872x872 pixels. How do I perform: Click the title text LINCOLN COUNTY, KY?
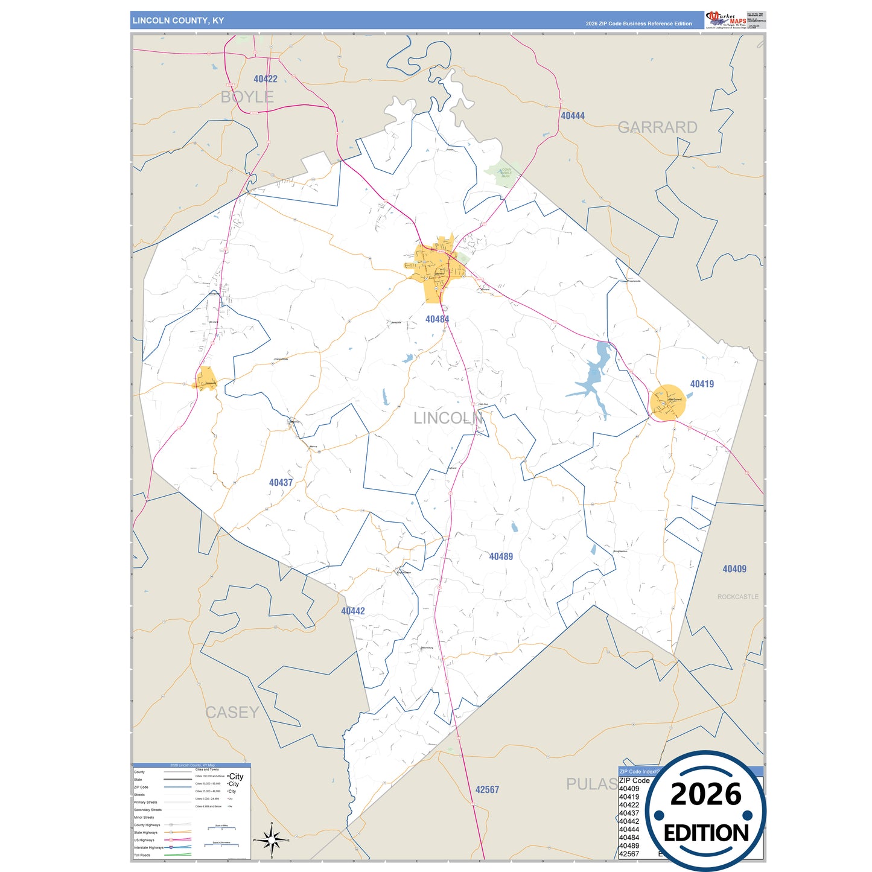(x=178, y=21)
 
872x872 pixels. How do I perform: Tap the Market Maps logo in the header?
(x=726, y=19)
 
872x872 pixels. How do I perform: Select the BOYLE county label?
(x=247, y=97)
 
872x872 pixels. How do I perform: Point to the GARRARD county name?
(x=657, y=127)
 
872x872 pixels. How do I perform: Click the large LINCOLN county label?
(x=448, y=418)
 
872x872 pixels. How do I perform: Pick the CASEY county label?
(x=232, y=713)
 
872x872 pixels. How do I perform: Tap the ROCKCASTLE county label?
(x=737, y=597)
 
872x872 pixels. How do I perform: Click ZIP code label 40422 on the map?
(x=266, y=79)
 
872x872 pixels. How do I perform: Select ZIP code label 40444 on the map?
(x=572, y=116)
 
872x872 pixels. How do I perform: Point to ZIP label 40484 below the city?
(x=437, y=319)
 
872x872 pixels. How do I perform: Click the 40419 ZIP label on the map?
(x=702, y=384)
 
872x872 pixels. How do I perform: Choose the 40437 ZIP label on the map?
(x=281, y=483)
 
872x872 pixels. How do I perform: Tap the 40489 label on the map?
(x=501, y=556)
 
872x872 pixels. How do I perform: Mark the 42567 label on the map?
(x=487, y=790)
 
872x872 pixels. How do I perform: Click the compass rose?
(x=272, y=839)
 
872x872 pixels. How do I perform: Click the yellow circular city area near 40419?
(x=668, y=403)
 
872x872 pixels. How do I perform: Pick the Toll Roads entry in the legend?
(x=142, y=855)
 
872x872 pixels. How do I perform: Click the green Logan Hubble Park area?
(x=503, y=173)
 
